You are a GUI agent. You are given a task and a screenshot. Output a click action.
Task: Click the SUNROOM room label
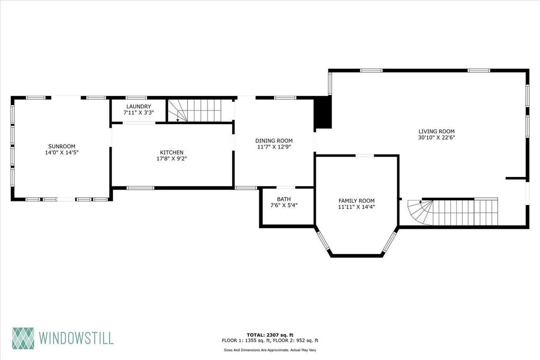pos(62,146)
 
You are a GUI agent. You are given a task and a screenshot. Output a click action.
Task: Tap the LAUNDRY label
pos(139,106)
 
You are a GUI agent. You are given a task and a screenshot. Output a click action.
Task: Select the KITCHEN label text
pos(172,152)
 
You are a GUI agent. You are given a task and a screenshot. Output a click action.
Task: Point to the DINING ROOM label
pos(274,141)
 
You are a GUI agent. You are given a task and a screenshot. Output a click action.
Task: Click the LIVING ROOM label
pos(437,131)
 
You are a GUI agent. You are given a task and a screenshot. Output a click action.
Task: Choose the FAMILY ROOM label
pos(357,201)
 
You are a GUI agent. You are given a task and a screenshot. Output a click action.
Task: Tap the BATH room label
pos(284,199)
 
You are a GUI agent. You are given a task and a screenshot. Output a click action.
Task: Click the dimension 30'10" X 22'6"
pos(437,137)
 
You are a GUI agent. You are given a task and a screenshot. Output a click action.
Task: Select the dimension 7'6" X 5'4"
pos(284,205)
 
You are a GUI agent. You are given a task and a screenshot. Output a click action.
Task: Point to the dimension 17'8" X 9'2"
pos(172,159)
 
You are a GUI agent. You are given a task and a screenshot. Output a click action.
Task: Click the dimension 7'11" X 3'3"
pos(139,113)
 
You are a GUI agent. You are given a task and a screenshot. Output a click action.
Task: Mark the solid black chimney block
pos(323,112)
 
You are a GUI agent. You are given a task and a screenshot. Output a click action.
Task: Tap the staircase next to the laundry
pos(194,111)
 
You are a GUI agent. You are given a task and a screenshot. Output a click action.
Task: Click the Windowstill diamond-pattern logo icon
pos(23,338)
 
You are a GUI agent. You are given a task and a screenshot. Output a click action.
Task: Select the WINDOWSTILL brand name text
pos(76,338)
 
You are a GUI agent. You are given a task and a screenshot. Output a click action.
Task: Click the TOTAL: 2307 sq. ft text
pos(270,335)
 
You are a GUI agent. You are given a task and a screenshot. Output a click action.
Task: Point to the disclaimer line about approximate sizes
pos(270,350)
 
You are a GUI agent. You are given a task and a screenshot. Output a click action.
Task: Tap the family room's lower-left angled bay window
pos(323,240)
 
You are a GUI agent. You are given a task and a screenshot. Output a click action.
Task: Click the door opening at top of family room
pos(365,156)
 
